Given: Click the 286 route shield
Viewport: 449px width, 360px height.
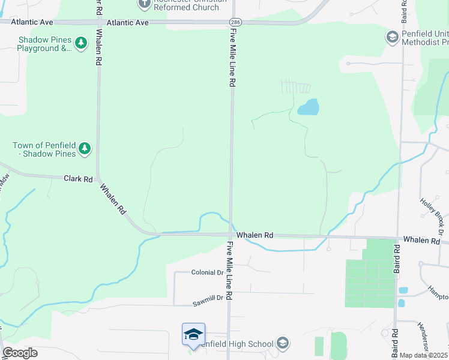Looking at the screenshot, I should tap(235, 22).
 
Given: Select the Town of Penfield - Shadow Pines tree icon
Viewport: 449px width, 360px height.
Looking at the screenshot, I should tap(85, 148).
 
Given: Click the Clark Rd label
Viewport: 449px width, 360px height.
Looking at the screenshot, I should tap(79, 179).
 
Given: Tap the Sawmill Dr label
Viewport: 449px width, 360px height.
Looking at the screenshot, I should tap(208, 298).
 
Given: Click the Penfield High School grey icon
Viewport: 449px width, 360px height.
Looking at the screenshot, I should tap(283, 344).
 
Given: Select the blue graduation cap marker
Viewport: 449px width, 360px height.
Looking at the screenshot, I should tap(193, 335).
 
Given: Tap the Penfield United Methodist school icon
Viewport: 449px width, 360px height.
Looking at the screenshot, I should tap(392, 37).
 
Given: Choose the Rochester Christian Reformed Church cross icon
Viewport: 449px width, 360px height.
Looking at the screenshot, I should tap(144, 4).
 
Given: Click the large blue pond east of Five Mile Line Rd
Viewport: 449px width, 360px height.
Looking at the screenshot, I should tap(308, 107).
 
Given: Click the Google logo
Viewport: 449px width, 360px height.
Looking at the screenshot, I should tap(20, 353).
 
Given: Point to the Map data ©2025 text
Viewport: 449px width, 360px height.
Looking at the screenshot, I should tap(423, 355).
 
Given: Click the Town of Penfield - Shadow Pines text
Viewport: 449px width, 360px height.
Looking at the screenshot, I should tap(44, 149).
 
